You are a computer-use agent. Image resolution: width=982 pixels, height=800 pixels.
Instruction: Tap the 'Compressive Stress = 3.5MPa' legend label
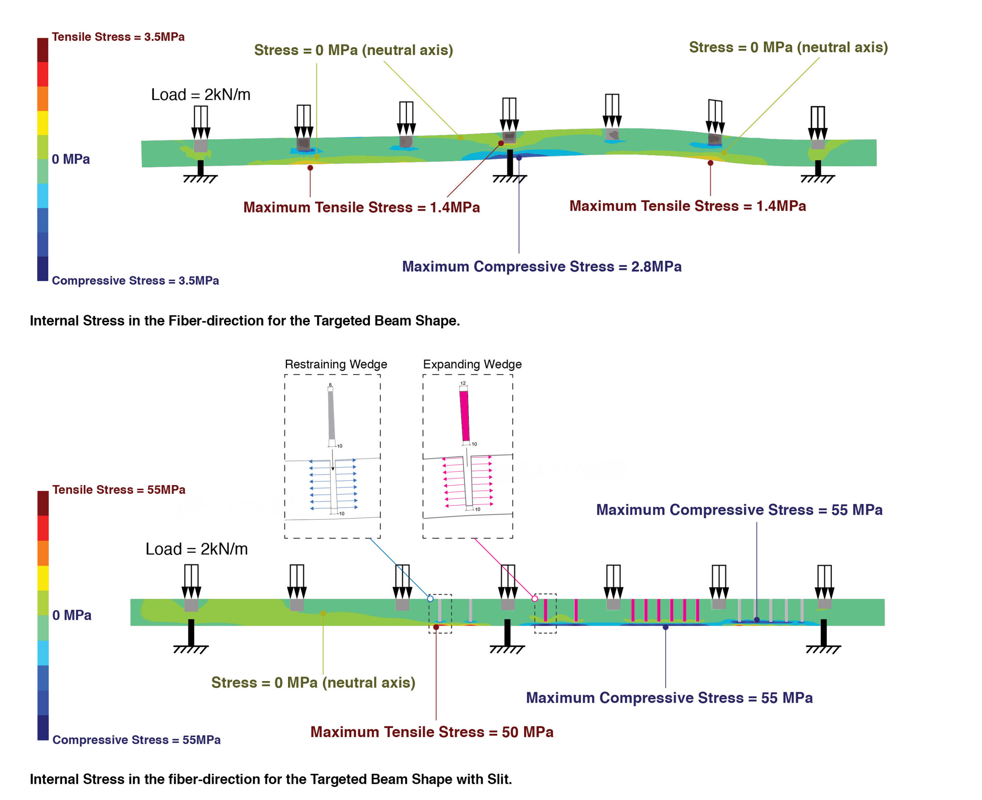point(135,281)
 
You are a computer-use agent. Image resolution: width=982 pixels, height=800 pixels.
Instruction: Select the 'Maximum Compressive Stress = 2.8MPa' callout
point(542,267)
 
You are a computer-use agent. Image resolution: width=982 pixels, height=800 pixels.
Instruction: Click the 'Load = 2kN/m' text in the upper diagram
point(201,94)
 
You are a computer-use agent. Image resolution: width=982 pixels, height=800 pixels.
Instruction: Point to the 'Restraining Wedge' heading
point(336,364)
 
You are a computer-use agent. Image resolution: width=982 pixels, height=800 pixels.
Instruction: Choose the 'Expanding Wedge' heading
point(472,364)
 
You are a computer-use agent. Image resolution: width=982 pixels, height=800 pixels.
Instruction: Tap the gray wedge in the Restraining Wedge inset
point(331,415)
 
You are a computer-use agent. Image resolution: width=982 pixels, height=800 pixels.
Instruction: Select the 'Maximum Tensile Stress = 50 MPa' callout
point(431,732)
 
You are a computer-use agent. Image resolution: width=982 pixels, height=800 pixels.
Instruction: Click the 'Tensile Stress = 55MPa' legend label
point(119,489)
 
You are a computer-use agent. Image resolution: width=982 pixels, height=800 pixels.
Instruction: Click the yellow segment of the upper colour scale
point(43,123)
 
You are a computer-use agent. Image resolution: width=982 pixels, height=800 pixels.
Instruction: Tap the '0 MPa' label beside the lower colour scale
point(71,615)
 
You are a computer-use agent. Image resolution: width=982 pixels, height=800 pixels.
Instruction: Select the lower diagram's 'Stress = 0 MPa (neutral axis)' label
point(313,683)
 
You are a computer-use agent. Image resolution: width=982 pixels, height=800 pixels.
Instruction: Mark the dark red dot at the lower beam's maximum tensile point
point(436,627)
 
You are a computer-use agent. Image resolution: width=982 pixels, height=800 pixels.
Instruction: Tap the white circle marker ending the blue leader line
point(430,599)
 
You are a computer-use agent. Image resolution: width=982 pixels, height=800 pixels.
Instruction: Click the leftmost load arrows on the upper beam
point(201,122)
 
